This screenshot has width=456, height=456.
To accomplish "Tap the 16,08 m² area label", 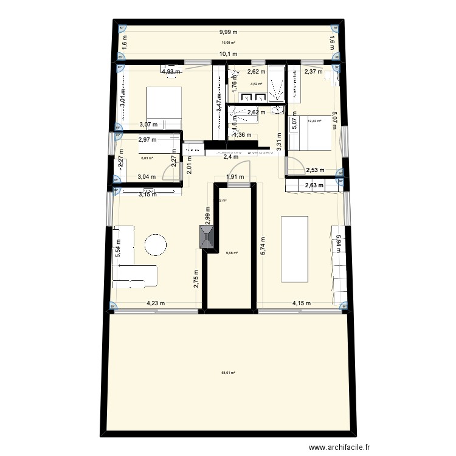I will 228,43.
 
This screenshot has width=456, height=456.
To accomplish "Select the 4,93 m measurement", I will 171,72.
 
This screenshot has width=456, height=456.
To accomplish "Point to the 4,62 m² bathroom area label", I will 256,84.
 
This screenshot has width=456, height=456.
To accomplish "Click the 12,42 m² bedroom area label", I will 314,121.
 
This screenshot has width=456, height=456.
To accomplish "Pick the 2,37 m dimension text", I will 314,72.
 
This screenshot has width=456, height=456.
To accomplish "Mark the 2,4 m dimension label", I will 231,157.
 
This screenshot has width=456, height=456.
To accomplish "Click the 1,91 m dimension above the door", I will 235,178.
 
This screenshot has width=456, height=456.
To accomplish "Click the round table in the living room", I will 155,246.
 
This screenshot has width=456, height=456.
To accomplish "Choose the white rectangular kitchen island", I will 295,248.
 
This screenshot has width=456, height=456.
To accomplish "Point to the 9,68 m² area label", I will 232,254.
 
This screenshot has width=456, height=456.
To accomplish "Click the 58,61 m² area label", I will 228,374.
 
